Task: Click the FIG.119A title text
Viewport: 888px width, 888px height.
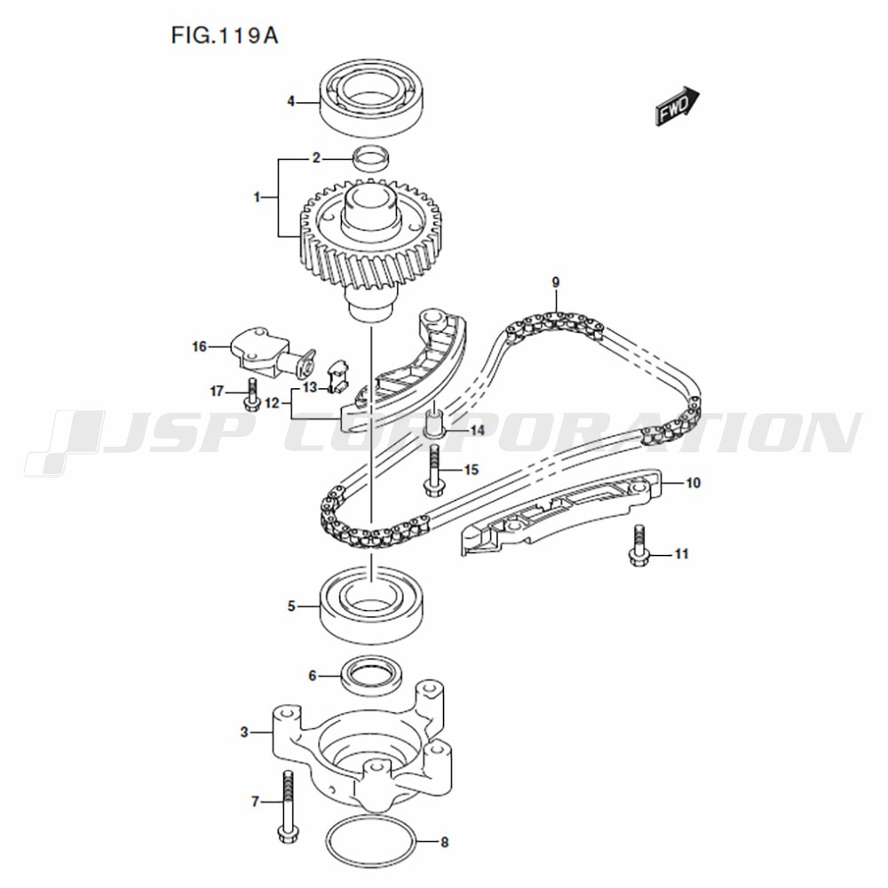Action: tap(225, 36)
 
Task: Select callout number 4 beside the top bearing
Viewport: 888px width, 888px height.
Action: tap(291, 102)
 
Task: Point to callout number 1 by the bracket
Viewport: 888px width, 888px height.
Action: tap(258, 197)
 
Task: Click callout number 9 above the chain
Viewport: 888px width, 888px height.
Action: tap(556, 282)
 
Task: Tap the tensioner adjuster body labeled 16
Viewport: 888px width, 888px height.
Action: tap(273, 354)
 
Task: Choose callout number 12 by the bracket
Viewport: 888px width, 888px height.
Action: tap(273, 403)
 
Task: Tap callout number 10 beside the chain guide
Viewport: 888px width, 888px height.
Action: tap(694, 482)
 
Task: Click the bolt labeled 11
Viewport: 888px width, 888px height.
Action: tap(638, 545)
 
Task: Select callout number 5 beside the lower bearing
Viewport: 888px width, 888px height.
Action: tap(291, 606)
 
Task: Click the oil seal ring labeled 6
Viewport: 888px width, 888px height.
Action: tap(372, 675)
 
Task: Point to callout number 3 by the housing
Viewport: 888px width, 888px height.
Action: tap(244, 733)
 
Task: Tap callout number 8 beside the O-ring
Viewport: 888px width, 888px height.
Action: tap(445, 842)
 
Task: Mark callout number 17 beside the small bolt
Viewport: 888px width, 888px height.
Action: tap(218, 391)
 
